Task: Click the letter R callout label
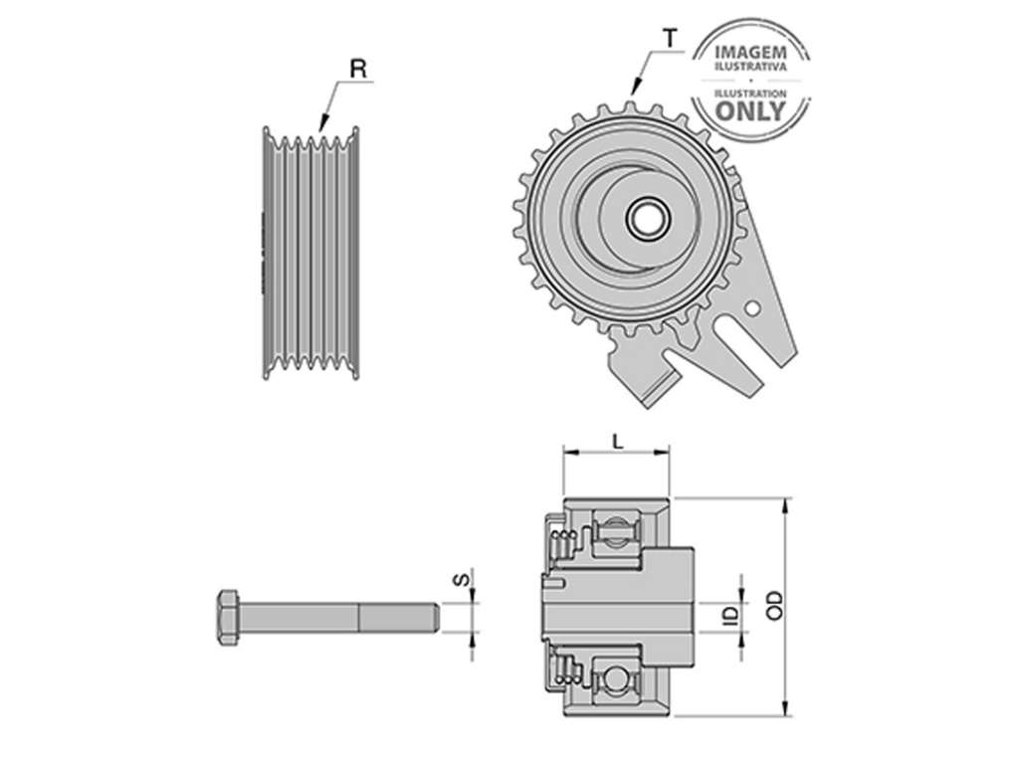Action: click(358, 69)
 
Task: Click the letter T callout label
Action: click(670, 39)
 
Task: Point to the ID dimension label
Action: click(731, 614)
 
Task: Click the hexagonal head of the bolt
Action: click(228, 617)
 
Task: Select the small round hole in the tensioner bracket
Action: click(752, 308)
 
